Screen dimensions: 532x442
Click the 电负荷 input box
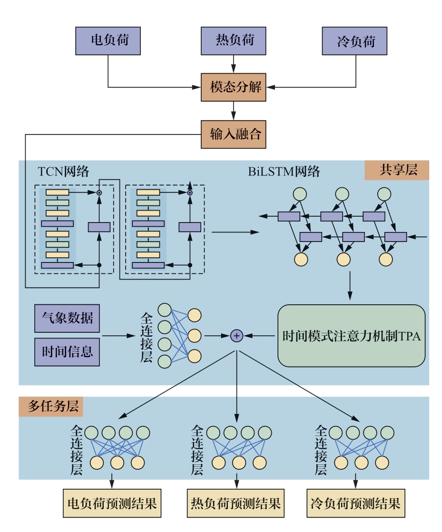tap(108, 41)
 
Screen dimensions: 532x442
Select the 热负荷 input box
tap(233, 41)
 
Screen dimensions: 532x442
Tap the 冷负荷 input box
tap(355, 41)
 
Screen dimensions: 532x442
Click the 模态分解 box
tap(233, 87)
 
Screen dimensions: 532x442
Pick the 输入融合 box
tap(233, 135)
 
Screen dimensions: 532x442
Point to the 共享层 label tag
tap(397, 170)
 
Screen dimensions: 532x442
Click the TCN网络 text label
tap(63, 172)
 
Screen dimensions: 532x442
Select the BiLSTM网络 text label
tap(284, 172)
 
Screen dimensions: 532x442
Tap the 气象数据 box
tap(67, 319)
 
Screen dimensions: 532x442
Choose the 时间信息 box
tap(67, 352)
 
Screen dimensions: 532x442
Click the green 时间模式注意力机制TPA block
tap(352, 336)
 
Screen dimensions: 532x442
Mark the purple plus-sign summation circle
tap(236, 336)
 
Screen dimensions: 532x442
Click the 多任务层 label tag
tap(51, 407)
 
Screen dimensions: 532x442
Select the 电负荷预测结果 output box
tap(112, 503)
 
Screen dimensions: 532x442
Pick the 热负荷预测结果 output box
tap(236, 503)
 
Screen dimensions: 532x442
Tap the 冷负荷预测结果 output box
tap(355, 503)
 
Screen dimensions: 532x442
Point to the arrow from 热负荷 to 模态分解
tap(233, 64)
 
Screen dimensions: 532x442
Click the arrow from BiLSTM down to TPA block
tap(351, 287)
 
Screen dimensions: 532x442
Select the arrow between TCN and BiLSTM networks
tap(235, 232)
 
